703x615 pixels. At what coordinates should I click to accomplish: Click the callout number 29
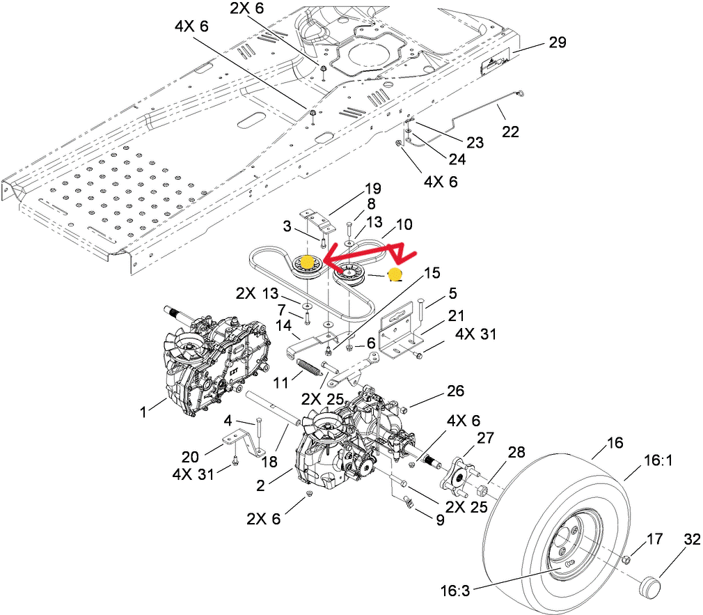[557, 42]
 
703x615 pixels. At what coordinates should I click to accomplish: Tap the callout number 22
[510, 131]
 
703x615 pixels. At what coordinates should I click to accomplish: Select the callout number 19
[373, 188]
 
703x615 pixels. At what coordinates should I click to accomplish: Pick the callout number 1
[143, 412]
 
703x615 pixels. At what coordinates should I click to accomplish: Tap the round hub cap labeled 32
[649, 585]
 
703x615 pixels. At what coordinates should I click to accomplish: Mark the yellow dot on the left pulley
[306, 262]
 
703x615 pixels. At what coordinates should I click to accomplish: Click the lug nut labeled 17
[626, 559]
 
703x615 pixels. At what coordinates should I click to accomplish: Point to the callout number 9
[439, 520]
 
